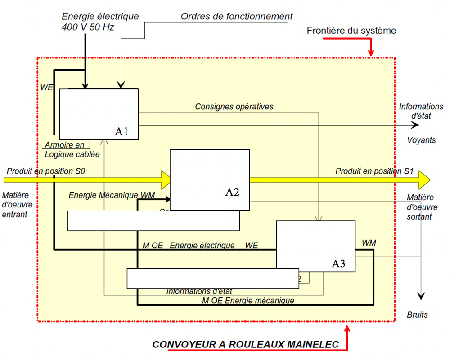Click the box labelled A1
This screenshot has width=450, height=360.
(x=99, y=113)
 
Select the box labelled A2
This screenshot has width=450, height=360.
(x=209, y=180)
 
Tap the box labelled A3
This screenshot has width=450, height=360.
(x=315, y=246)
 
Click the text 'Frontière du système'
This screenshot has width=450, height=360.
(x=351, y=31)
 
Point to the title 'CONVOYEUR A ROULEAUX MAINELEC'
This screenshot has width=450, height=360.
(x=245, y=345)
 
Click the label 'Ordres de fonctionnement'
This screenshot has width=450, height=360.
(x=237, y=17)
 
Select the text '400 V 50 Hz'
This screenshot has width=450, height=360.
(x=88, y=27)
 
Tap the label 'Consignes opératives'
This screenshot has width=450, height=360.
(x=234, y=107)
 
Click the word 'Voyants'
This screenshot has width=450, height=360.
(x=421, y=140)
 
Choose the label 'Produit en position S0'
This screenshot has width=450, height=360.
(x=45, y=171)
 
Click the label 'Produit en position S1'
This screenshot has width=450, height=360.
(x=374, y=171)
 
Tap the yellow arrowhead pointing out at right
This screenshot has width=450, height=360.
(x=423, y=180)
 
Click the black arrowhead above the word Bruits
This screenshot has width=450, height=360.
(x=421, y=295)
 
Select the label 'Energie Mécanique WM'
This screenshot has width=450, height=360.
(x=112, y=195)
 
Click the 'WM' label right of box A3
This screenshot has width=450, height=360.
(x=369, y=243)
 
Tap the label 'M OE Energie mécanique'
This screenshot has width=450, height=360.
(x=248, y=300)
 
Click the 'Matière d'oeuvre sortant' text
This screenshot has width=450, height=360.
(x=420, y=207)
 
